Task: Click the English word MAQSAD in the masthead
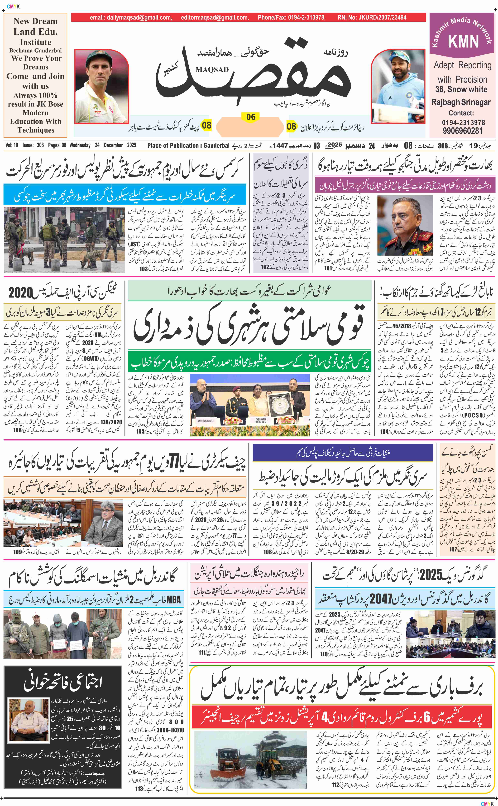click(x=212, y=69)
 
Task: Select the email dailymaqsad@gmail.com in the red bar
click(x=131, y=17)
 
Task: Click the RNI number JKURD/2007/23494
click(x=372, y=17)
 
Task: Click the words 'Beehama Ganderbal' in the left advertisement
click(x=35, y=50)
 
